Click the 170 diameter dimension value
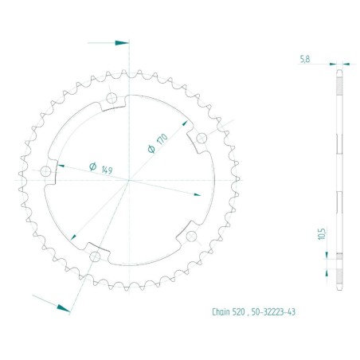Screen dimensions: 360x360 162,139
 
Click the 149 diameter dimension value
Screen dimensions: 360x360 108,170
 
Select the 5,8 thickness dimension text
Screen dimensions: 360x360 305,59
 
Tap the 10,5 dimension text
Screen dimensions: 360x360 322,233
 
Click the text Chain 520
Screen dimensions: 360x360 229,312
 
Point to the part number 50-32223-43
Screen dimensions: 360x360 273,312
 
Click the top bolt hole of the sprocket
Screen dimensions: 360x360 112,98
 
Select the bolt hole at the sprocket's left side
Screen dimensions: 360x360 45,171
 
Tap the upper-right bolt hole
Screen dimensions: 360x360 202,138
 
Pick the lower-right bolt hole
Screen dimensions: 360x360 191,237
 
